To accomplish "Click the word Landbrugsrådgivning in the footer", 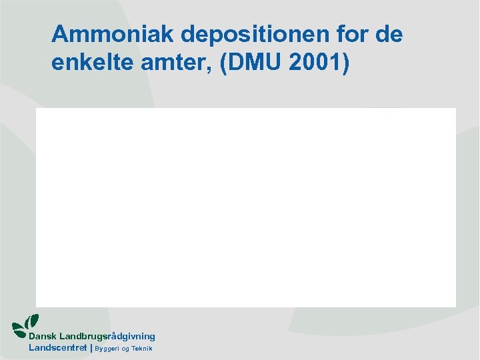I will [x=107, y=337].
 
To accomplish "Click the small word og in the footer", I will [x=125, y=349].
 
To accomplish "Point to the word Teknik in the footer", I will [x=142, y=349].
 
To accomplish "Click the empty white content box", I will [x=245, y=207].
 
